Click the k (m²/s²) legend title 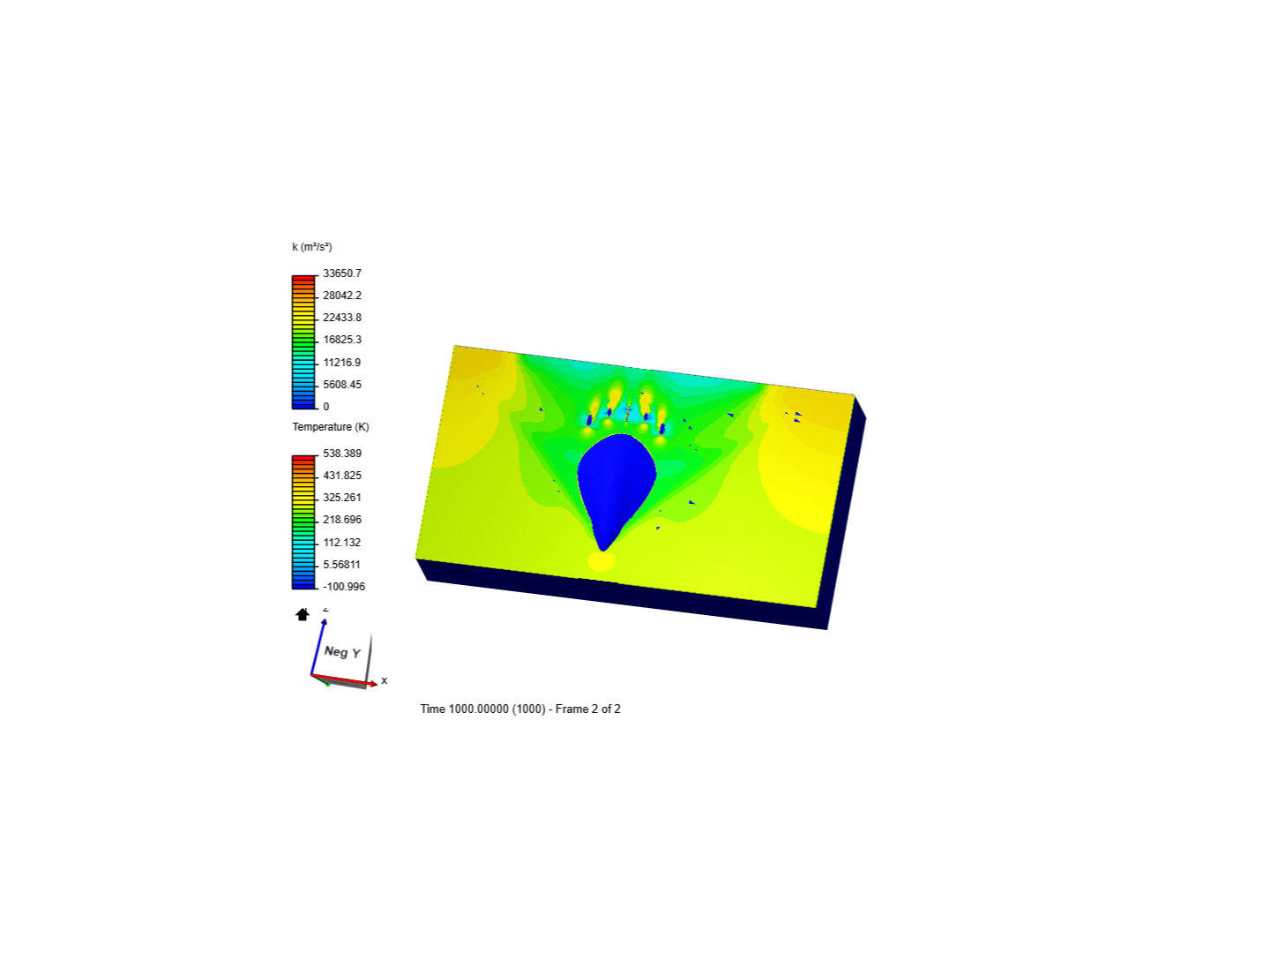(312, 247)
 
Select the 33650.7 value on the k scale (342, 274)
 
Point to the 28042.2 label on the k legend (342, 295)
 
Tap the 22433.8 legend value (342, 317)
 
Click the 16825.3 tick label (342, 339)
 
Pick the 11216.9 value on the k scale (342, 362)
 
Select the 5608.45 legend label (342, 384)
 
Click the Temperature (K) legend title (331, 427)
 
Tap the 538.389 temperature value (342, 453)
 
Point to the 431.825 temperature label (342, 475)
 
